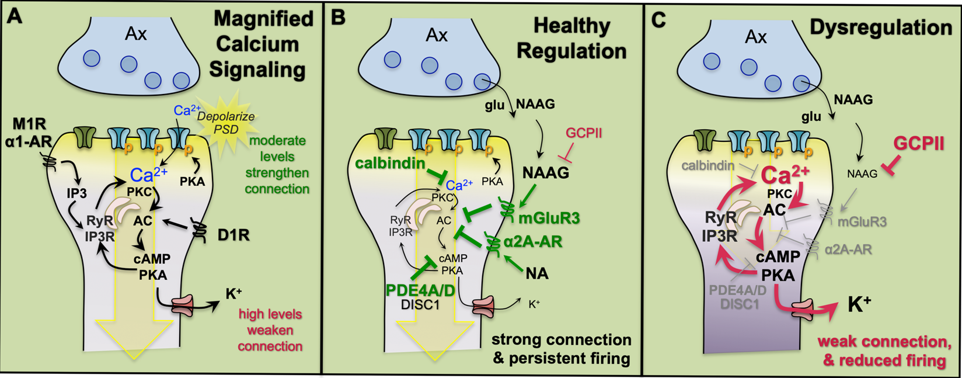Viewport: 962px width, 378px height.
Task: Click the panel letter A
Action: pyautogui.click(x=14, y=16)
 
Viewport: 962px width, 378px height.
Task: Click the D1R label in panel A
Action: pyautogui.click(x=233, y=235)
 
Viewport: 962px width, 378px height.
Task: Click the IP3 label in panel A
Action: pyautogui.click(x=76, y=193)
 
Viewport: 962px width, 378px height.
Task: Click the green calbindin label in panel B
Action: pyautogui.click(x=389, y=164)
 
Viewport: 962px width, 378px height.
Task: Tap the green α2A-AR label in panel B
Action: pyautogui.click(x=532, y=242)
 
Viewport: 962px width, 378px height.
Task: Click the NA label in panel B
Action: pyautogui.click(x=536, y=273)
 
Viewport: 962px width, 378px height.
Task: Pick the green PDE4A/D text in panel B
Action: pyautogui.click(x=420, y=290)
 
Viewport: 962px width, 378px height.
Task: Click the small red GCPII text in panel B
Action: pyautogui.click(x=583, y=133)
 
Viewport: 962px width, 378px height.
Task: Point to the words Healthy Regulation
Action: pyautogui.click(x=571, y=38)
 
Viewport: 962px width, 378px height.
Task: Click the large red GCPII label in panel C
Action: pyautogui.click(x=919, y=143)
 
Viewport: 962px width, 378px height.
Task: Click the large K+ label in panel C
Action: pyautogui.click(x=859, y=304)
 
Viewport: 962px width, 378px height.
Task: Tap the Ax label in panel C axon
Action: pyautogui.click(x=755, y=37)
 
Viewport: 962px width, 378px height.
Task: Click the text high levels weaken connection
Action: pyautogui.click(x=270, y=330)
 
